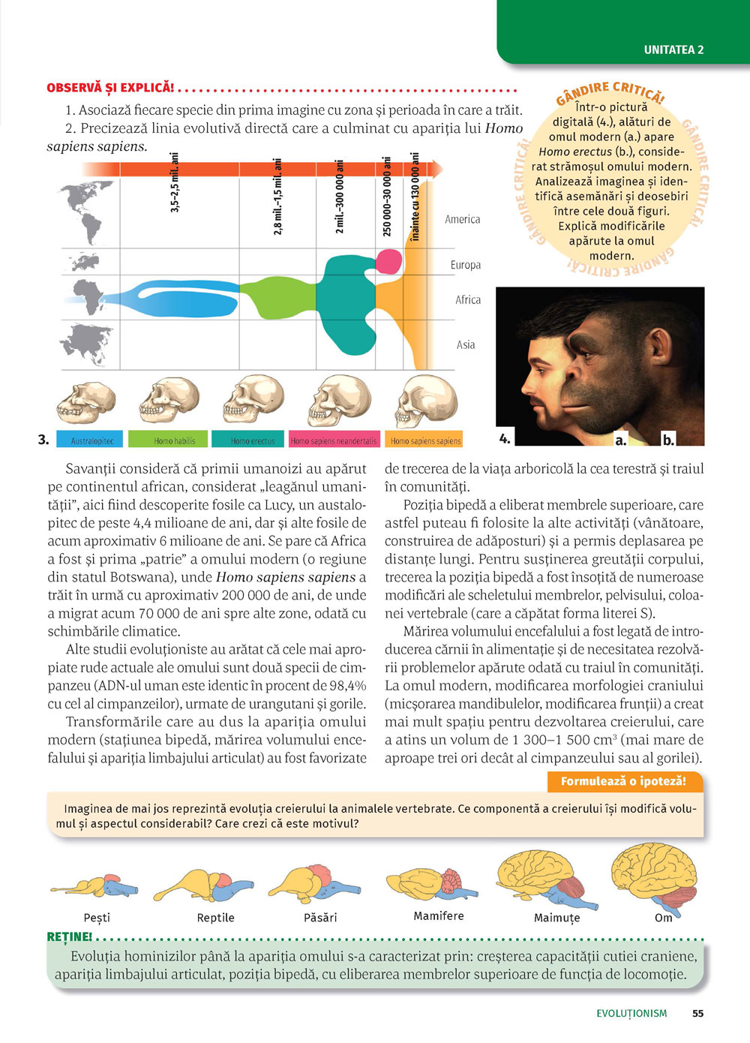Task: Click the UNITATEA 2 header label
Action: point(673,50)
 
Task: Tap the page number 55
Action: point(697,1013)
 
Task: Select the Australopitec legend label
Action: point(92,440)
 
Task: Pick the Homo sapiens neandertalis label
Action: point(334,440)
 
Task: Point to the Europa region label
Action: point(465,265)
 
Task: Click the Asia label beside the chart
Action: point(466,344)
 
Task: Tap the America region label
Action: point(462,219)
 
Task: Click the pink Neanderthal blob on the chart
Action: point(388,261)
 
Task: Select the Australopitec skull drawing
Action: point(85,401)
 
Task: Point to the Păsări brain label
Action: point(320,917)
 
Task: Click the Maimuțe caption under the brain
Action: point(556,917)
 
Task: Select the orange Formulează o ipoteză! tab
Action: point(623,781)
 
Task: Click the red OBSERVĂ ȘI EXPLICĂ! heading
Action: point(110,88)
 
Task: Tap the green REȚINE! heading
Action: point(69,937)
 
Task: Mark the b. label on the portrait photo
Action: point(667,440)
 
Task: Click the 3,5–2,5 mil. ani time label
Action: point(175,183)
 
